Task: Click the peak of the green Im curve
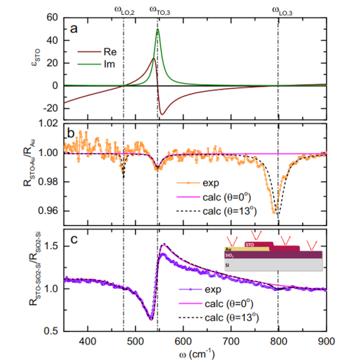click(157, 30)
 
